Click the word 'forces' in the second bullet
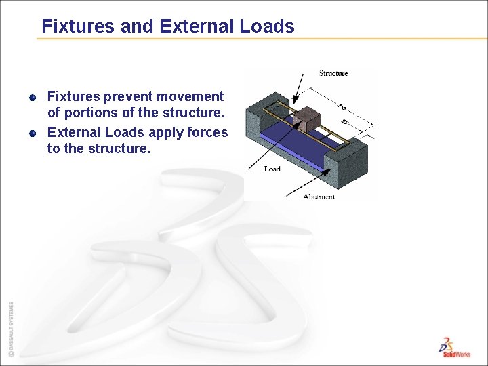pyautogui.click(x=206, y=132)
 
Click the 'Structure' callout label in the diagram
pyautogui.click(x=333, y=73)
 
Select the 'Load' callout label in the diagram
pyautogui.click(x=272, y=169)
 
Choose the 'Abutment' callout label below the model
pyautogui.click(x=319, y=197)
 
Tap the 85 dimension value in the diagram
pyautogui.click(x=345, y=122)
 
